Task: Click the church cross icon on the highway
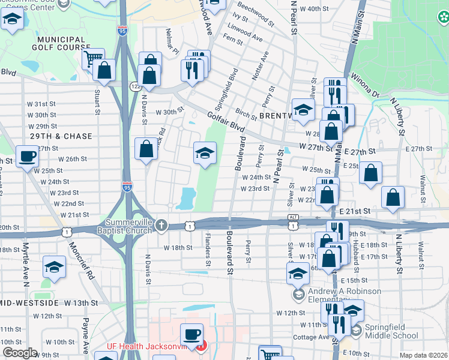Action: pos(160,225)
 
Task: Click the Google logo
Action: pos(20,353)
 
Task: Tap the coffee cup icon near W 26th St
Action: pos(27,157)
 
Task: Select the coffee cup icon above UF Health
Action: pos(191,334)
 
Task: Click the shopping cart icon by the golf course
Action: pos(93,59)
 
